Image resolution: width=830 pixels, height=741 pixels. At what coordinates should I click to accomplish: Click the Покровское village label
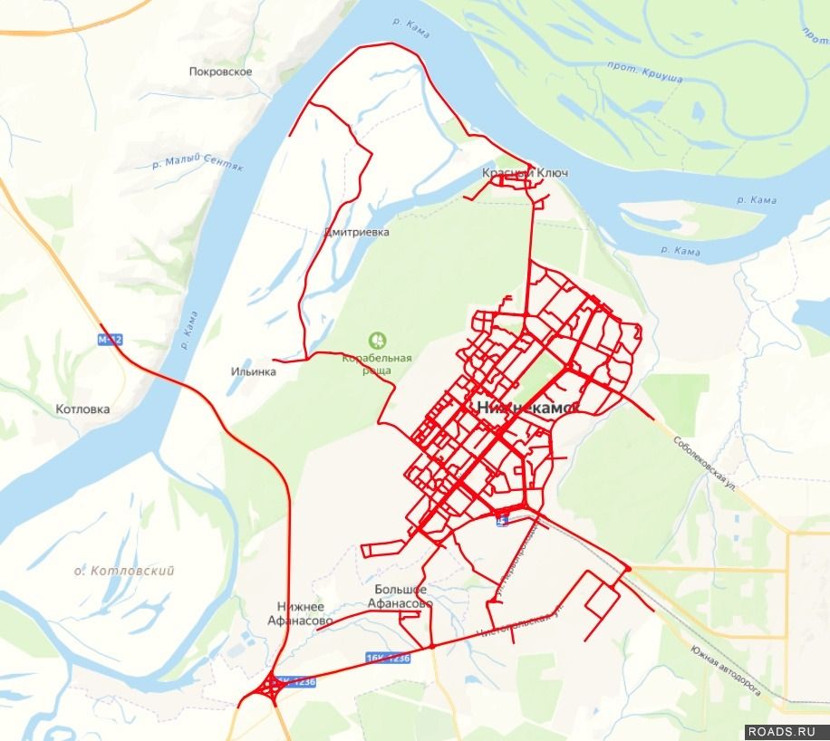(221, 72)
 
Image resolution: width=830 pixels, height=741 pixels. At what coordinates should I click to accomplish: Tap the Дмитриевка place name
(356, 233)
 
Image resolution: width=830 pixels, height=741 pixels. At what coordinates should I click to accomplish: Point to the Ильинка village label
(254, 371)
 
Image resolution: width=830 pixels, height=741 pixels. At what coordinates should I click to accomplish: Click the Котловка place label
(82, 409)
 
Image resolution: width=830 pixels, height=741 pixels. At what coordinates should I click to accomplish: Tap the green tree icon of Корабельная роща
(377, 342)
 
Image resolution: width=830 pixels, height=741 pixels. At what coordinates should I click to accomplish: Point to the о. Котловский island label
(124, 571)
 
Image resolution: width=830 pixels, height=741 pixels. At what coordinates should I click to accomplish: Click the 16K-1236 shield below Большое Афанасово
(388, 659)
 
